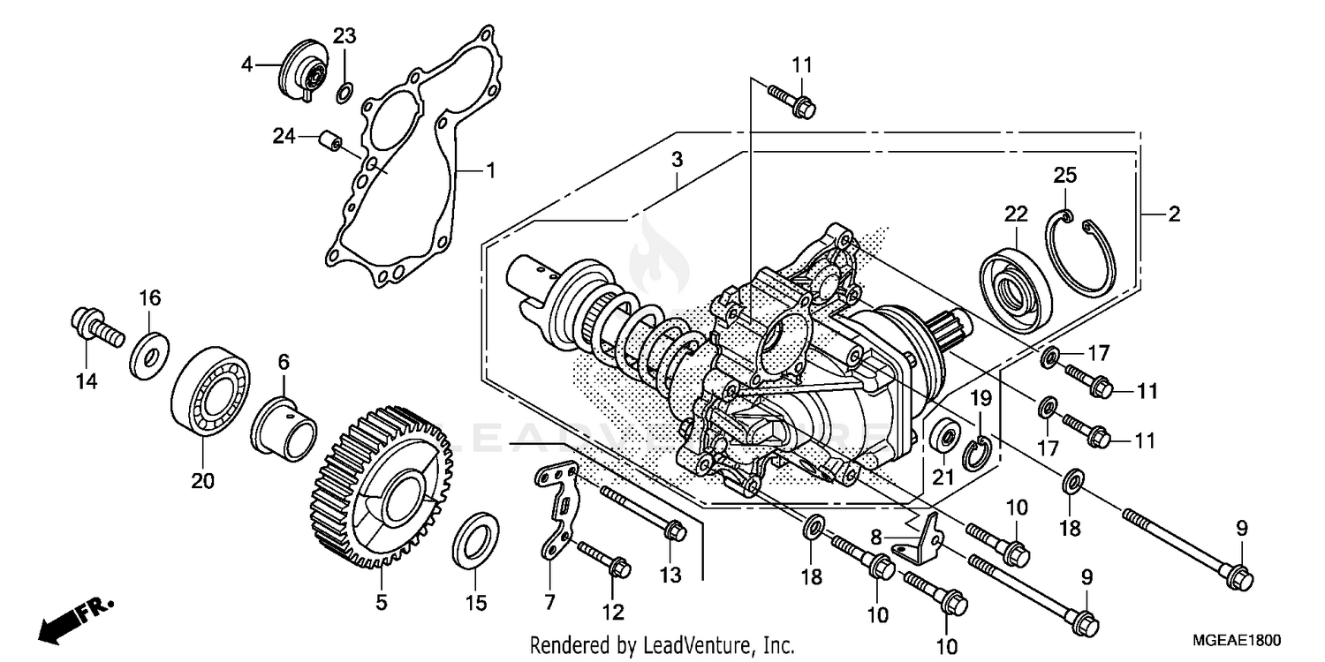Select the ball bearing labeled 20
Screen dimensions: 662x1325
[209, 395]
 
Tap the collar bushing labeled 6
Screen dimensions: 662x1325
[285, 426]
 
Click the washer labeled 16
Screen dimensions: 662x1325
[150, 356]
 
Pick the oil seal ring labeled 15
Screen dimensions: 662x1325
[474, 539]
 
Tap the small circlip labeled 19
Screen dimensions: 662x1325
[980, 453]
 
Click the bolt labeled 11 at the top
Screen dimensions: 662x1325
[792, 99]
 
